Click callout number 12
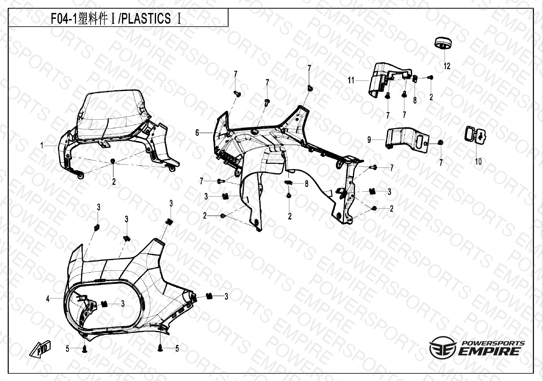pyautogui.click(x=447, y=66)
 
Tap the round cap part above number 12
pyautogui.click(x=443, y=44)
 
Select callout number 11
pyautogui.click(x=351, y=80)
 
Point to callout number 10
pyautogui.click(x=478, y=161)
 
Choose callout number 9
pyautogui.click(x=369, y=140)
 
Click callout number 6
pyautogui.click(x=197, y=133)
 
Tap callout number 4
pyautogui.click(x=48, y=299)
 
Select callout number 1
pyautogui.click(x=42, y=146)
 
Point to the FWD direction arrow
pyautogui.click(x=40, y=349)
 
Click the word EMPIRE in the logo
pyautogui.click(x=489, y=351)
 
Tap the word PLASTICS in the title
pyautogui.click(x=145, y=18)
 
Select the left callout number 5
pyautogui.click(x=67, y=349)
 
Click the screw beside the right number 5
pyautogui.click(x=160, y=348)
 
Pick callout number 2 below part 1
pyautogui.click(x=114, y=182)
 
